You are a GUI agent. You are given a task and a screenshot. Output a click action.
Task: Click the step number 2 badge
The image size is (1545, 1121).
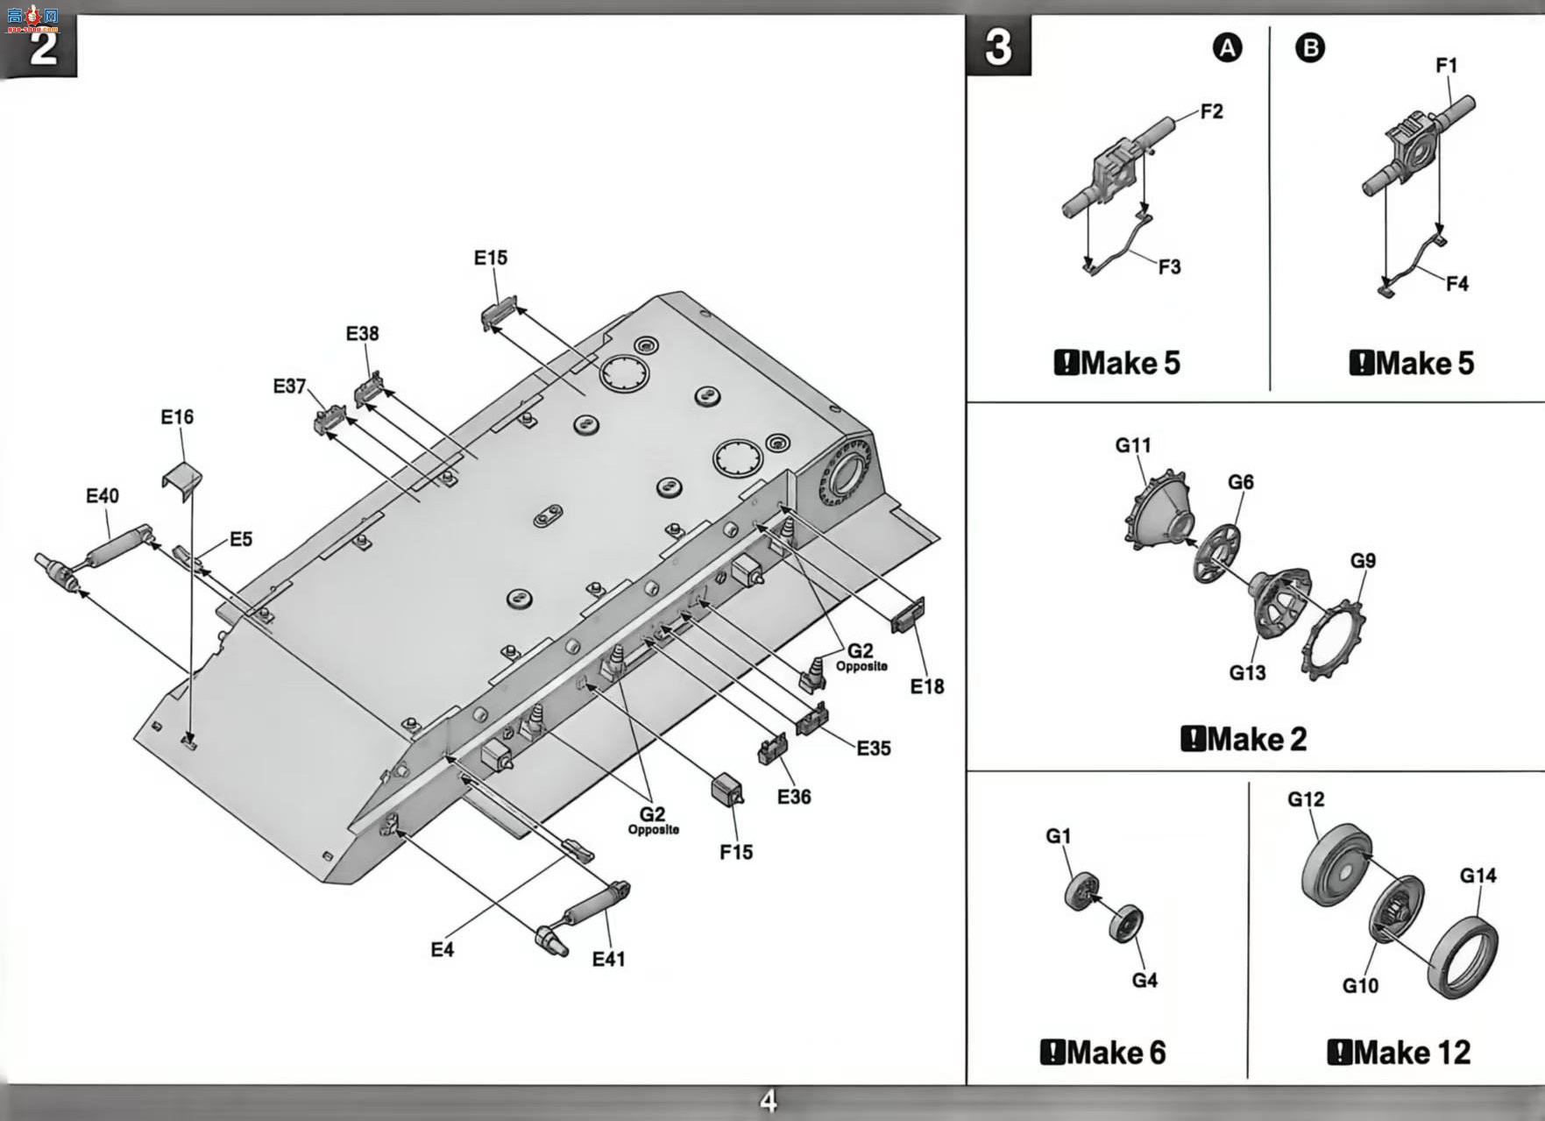pos(41,46)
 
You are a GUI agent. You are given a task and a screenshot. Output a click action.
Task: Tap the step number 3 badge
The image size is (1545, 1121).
pos(998,46)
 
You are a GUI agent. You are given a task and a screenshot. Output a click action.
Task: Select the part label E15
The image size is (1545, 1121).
pos(491,258)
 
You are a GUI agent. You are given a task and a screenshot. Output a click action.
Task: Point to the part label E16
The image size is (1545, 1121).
pos(177,417)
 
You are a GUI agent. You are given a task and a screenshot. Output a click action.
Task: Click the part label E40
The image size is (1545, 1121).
pos(103,496)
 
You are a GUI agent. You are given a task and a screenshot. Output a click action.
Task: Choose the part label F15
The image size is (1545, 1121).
pos(736,852)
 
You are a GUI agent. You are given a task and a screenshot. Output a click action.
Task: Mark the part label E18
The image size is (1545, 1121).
pos(927,686)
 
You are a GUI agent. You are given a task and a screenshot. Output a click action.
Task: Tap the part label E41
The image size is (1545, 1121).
pos(609,959)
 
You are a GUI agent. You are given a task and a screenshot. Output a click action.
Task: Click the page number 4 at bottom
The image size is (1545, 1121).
pos(769,1102)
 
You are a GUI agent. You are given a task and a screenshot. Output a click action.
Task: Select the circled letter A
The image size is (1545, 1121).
pos(1227,47)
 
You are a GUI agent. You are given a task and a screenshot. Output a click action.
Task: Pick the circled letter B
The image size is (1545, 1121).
pos(1310,47)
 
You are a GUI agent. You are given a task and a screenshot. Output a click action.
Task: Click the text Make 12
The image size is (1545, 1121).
pos(1400,1052)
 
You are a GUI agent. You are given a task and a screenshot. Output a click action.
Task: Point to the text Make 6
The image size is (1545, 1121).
pos(1103,1052)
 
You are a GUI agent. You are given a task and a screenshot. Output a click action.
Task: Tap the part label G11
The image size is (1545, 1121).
pos(1133,445)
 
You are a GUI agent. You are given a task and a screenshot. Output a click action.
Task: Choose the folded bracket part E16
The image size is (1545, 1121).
pos(182,480)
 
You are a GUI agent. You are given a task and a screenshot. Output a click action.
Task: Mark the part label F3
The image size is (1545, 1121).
pos(1169,266)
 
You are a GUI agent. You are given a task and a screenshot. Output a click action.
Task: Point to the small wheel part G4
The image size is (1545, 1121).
pos(1125,924)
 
